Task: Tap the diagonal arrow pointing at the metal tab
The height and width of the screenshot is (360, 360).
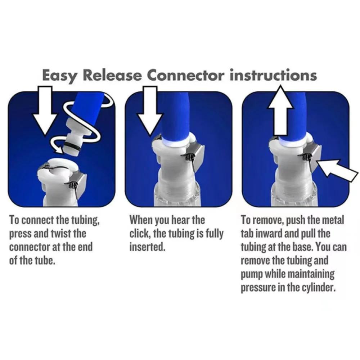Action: (337, 172)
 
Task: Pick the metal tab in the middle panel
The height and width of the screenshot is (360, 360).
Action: (198, 155)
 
